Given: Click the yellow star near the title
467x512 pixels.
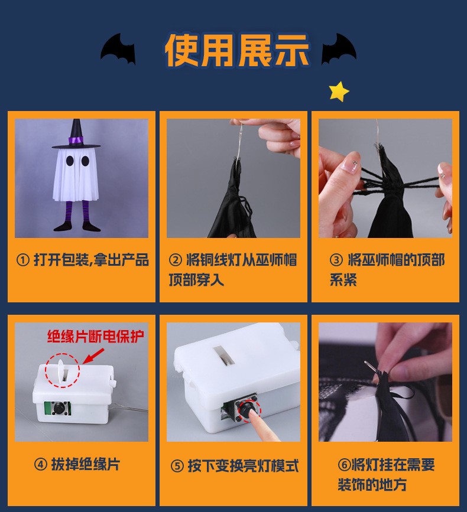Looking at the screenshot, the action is [x=339, y=92].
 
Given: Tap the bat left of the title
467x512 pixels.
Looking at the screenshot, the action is [x=118, y=49].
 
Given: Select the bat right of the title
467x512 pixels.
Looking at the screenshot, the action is [x=339, y=49].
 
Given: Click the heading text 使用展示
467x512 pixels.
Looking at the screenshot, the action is [x=237, y=50].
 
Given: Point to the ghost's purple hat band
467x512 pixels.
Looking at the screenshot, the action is [x=76, y=141].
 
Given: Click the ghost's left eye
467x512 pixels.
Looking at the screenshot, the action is [x=70, y=161].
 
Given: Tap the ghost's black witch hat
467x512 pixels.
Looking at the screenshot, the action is [x=76, y=134].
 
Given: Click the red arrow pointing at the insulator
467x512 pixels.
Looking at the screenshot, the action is [x=93, y=356].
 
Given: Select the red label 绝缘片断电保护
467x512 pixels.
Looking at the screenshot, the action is [x=95, y=337].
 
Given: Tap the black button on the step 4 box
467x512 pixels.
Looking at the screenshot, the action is [x=59, y=408].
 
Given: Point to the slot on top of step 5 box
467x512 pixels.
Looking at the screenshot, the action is [x=224, y=356].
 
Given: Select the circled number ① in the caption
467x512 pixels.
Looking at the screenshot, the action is [x=23, y=260].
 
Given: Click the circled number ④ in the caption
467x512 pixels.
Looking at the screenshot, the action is [x=41, y=464].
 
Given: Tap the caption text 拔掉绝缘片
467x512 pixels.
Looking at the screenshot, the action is [x=86, y=464].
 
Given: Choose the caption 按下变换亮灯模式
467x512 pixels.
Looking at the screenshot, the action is [x=243, y=466].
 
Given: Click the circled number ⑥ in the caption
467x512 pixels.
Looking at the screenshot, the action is [x=345, y=465].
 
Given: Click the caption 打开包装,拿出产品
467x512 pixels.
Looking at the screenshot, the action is [x=92, y=260].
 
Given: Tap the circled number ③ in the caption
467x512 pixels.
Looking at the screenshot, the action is [x=336, y=260].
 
